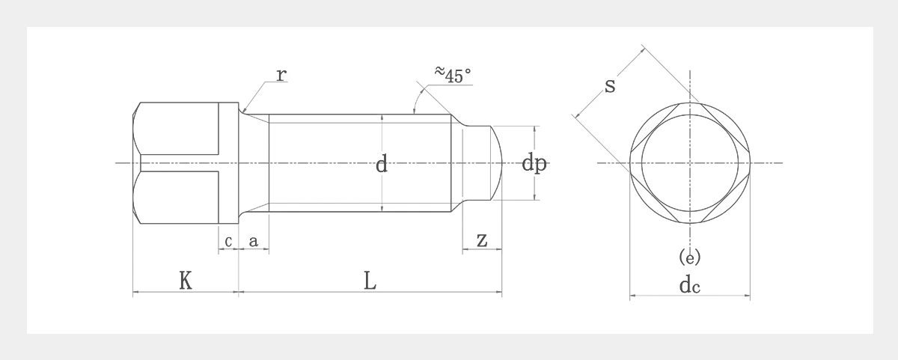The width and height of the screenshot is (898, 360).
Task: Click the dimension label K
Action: pyautogui.click(x=186, y=280)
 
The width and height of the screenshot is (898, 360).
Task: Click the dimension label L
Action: pyautogui.click(x=370, y=280)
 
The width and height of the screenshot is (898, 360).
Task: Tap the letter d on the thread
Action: pyautogui.click(x=382, y=164)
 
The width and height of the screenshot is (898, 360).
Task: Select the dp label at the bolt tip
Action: pyautogui.click(x=534, y=164)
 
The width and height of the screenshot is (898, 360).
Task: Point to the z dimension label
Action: pyautogui.click(x=482, y=240)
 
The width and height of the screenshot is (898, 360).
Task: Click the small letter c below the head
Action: pyautogui.click(x=228, y=241)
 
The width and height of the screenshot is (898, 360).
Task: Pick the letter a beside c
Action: pyautogui.click(x=254, y=241)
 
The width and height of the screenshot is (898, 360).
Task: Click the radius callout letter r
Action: pyautogui.click(x=282, y=75)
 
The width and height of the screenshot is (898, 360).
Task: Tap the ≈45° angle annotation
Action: pyautogui.click(x=453, y=75)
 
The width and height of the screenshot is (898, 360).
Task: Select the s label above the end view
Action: pyautogui.click(x=610, y=86)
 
